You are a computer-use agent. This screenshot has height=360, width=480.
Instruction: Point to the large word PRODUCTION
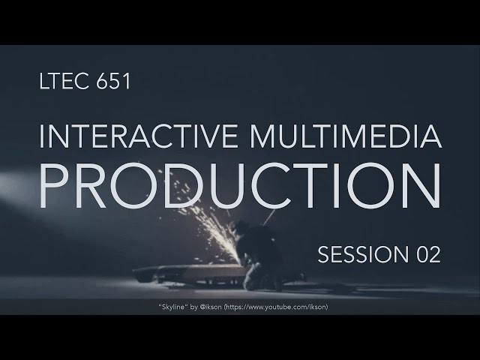pos(239,184)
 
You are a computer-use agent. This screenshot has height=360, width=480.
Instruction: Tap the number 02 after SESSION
pos(424,255)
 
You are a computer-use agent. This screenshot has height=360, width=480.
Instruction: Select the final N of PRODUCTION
pos(420,184)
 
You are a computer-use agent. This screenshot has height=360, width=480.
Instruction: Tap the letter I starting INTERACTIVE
pos(41,137)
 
